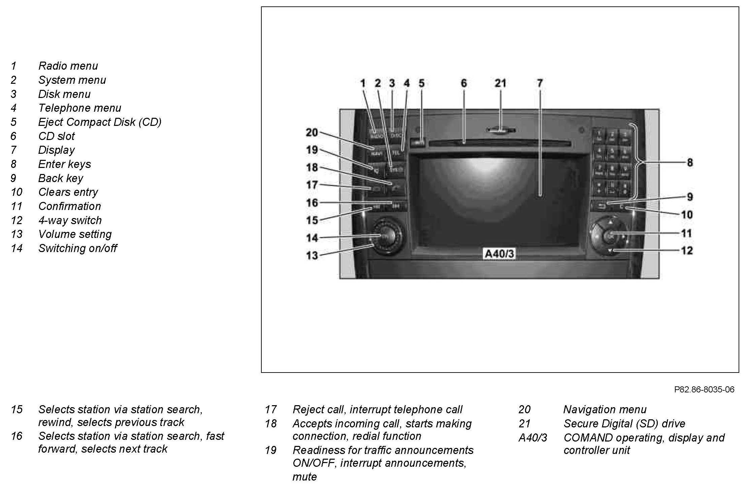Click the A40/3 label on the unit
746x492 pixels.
(x=499, y=254)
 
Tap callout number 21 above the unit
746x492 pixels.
(x=500, y=83)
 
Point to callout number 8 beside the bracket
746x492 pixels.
(x=690, y=163)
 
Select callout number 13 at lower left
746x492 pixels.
(x=312, y=255)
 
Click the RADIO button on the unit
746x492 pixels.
(x=376, y=136)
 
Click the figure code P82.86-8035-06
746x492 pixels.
(x=704, y=390)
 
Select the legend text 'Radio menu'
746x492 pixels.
(x=68, y=66)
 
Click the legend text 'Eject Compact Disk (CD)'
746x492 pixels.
(x=100, y=122)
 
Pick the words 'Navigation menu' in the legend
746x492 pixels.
(x=605, y=410)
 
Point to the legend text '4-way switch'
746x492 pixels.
(x=70, y=220)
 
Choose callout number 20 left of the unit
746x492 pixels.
(x=312, y=133)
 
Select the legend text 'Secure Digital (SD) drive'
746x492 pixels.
(x=624, y=423)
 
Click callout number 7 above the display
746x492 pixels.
(x=540, y=83)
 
